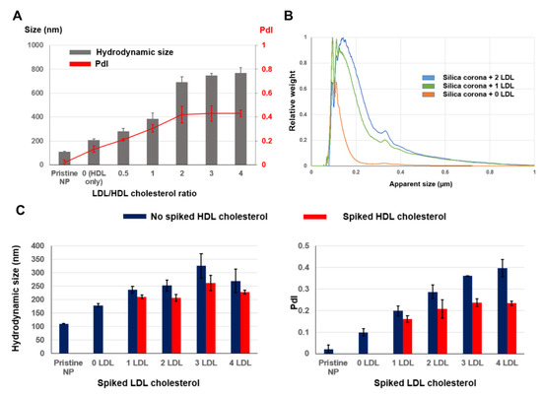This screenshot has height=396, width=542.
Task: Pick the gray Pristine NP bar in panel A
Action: coord(65,158)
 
